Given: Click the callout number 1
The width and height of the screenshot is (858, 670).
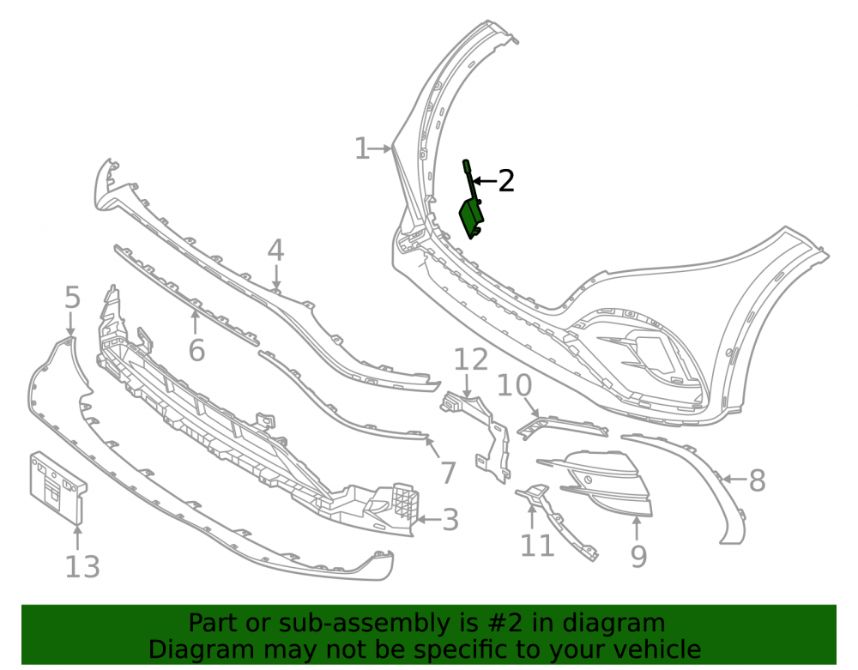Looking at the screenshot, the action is click(362, 148).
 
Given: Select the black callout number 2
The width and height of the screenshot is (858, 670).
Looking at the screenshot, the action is click(506, 180).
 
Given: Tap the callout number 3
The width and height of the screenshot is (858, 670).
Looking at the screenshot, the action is click(450, 520).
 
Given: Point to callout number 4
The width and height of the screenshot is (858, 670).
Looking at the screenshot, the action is click(275, 250).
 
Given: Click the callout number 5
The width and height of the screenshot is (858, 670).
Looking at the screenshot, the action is click(72, 298).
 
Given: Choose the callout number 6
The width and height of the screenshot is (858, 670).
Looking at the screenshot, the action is click(197, 350).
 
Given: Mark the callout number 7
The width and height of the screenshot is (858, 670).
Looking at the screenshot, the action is click(448, 473).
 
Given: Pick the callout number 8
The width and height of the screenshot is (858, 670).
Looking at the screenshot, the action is click(758, 480).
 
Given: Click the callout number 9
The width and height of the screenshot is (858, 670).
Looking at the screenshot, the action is click(638, 556).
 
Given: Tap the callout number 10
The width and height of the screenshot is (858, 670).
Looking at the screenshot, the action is click(514, 385).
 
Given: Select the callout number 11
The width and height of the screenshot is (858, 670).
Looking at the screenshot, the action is click(537, 546).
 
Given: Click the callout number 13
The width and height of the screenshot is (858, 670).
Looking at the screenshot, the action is click(82, 567).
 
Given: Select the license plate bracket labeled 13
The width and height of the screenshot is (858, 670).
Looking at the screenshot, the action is click(57, 486).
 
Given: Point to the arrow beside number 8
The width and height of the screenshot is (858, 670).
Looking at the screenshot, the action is click(734, 480).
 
